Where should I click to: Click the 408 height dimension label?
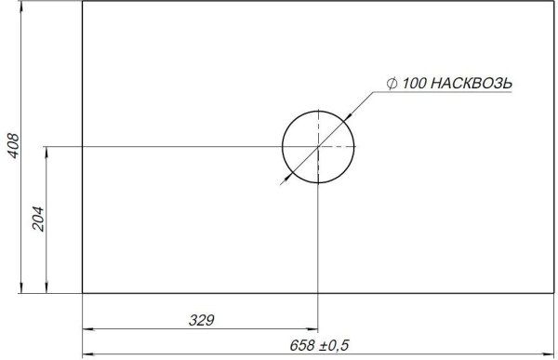click(14, 145)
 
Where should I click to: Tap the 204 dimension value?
click(38, 219)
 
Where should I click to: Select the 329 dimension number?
click(202, 320)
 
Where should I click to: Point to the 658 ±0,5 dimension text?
click(319, 345)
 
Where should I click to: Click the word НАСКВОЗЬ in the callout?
click(472, 84)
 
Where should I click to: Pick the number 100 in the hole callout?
click(414, 84)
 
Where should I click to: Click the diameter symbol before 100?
click(392, 84)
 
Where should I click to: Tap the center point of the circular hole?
click(318, 147)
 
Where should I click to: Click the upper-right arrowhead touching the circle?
click(347, 117)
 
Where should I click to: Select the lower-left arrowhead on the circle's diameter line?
click(288, 177)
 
